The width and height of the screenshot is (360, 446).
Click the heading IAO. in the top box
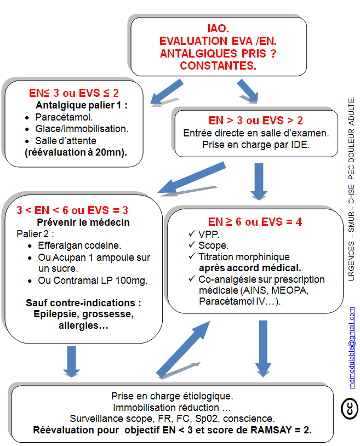(218, 28)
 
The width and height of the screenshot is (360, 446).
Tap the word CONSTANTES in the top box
(218, 66)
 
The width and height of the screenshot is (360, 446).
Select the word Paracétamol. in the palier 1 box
(64, 117)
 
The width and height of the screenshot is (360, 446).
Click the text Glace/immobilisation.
(82, 129)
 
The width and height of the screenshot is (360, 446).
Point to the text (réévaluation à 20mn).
(76, 152)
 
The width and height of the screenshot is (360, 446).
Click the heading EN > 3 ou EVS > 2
(256, 121)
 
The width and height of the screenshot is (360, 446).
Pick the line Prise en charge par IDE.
(256, 145)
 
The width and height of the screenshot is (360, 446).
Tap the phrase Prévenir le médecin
(83, 222)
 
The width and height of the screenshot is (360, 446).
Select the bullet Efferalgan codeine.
(79, 245)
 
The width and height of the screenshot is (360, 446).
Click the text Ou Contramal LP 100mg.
(93, 281)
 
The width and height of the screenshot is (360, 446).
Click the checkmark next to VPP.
(192, 234)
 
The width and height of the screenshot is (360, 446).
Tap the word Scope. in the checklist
(213, 245)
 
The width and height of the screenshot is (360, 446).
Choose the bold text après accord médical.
(250, 268)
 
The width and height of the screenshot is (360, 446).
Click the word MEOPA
(290, 290)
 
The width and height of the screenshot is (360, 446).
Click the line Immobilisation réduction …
(172, 408)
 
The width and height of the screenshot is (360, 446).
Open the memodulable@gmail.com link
(352, 347)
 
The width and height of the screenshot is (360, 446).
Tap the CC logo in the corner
(350, 409)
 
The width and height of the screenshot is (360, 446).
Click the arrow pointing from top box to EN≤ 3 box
(167, 92)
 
